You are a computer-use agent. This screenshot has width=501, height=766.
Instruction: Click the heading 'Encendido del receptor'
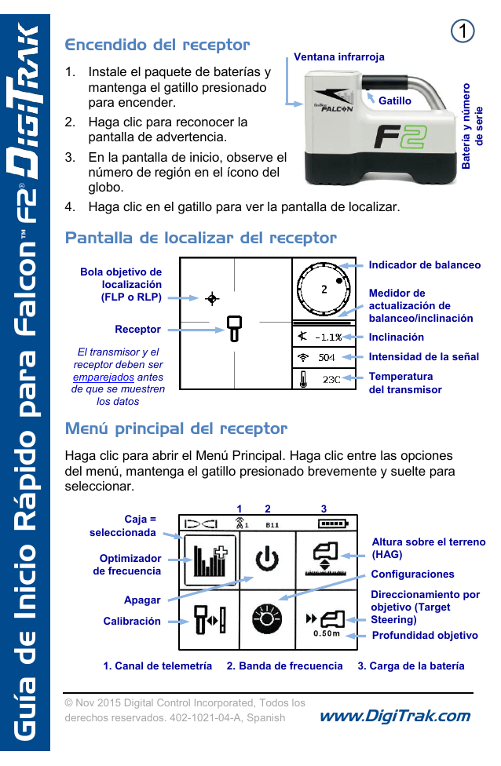tap(157, 45)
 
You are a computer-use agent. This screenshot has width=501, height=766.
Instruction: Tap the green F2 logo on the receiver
tap(400, 137)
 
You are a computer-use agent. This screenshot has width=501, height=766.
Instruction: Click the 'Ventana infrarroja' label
tap(338, 57)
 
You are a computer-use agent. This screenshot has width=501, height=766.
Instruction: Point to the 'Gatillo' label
tap(394, 101)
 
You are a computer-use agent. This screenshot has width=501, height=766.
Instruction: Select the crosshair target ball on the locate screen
tap(211, 298)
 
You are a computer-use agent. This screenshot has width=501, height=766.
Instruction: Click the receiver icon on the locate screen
tap(233, 327)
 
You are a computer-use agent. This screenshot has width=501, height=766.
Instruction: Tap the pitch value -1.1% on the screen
tap(328, 337)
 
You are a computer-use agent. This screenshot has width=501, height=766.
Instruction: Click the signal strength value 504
tap(327, 357)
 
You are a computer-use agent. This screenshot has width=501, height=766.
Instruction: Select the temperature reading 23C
tap(331, 379)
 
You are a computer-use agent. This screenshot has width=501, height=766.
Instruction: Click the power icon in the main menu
tap(267, 560)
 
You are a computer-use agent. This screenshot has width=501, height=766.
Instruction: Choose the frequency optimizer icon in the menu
tap(210, 560)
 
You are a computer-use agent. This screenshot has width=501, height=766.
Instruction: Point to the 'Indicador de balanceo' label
tap(424, 265)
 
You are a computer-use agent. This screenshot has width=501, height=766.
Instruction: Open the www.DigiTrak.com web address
tap(396, 715)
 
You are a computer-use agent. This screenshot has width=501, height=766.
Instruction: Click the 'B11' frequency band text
tap(272, 524)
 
